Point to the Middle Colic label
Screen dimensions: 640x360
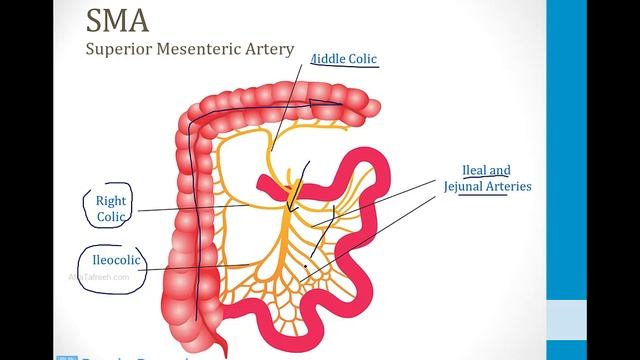(x=346, y=59)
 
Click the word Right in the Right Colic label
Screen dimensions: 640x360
(x=110, y=200)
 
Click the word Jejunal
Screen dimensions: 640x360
(x=469, y=187)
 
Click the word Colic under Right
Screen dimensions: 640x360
(x=110, y=216)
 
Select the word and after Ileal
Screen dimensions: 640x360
(x=501, y=170)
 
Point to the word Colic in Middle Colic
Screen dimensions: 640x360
(x=361, y=59)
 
